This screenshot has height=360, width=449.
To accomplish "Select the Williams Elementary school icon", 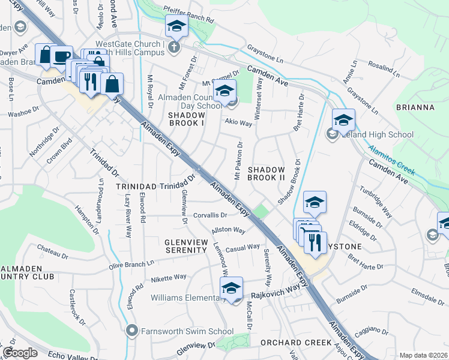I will click(x=232, y=287).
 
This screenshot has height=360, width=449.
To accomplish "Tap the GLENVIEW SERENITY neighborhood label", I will click(x=186, y=245).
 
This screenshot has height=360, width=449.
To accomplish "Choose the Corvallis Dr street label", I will click(x=209, y=215).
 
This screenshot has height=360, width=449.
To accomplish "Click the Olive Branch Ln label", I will click(x=132, y=262).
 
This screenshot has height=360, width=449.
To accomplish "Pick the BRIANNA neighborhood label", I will click(x=415, y=107).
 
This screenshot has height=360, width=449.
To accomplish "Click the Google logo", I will click(x=20, y=353).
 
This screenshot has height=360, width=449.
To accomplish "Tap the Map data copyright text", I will click(x=424, y=355).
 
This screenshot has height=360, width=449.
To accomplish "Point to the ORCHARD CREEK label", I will click(x=296, y=343).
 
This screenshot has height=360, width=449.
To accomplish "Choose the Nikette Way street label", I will click(x=169, y=278).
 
